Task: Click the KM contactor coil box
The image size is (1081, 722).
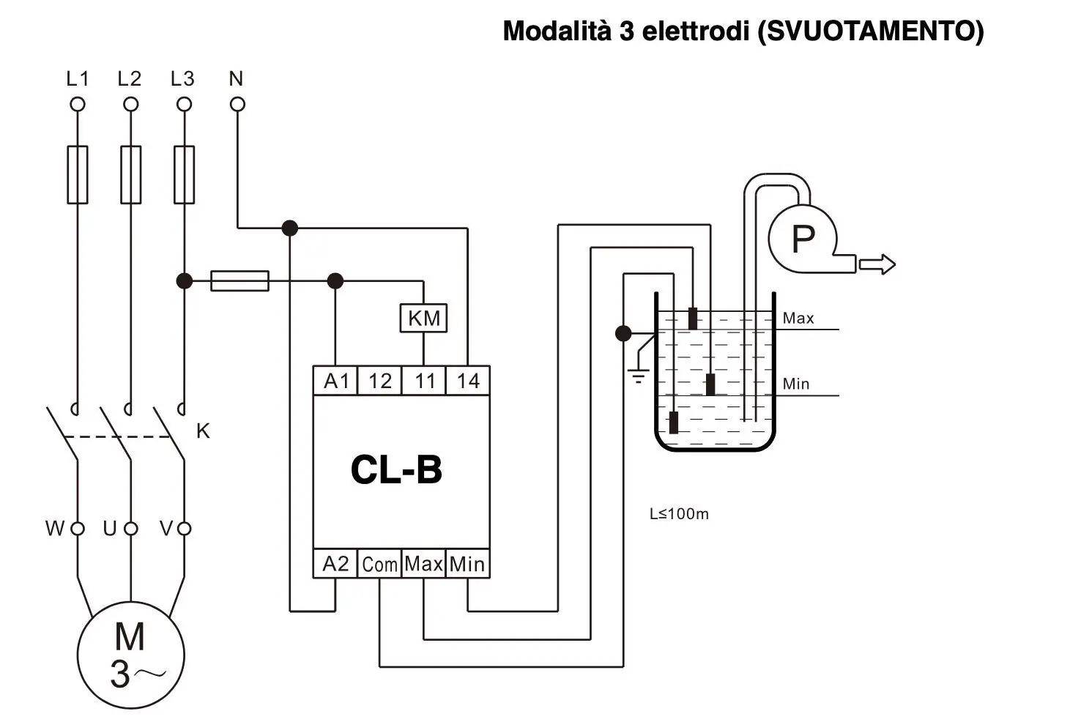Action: point(423,318)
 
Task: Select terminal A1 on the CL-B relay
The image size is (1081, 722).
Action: point(335,381)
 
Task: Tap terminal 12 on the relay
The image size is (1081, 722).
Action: point(380,381)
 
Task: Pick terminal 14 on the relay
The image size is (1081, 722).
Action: point(468,381)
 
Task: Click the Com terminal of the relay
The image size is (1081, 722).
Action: point(379,564)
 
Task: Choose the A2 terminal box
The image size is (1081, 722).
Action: point(335,564)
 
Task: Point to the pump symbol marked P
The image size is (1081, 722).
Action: point(803,239)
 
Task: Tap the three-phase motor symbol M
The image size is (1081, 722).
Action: point(131,655)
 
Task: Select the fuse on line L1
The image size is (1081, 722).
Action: point(77,175)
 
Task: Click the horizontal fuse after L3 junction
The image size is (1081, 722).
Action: point(239,281)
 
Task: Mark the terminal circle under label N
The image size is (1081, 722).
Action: point(237,104)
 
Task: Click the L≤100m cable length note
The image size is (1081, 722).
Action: point(679,514)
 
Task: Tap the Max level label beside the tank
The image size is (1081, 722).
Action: point(798,318)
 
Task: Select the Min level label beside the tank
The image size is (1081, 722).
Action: point(796,384)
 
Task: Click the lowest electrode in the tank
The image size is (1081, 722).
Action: point(673,423)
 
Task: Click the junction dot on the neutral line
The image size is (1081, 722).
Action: point(289,228)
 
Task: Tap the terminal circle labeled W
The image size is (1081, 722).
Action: point(78,529)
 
